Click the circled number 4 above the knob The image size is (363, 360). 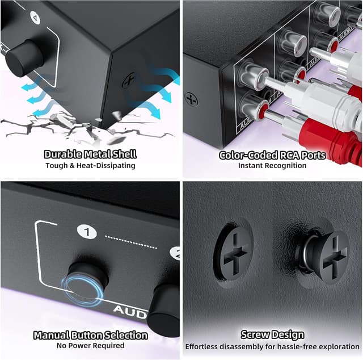coord(37,18)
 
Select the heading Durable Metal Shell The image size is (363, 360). coord(90,154)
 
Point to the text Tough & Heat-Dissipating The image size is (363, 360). coord(90,166)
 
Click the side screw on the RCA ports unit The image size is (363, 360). coord(192,99)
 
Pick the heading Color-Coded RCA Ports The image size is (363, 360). coord(272,154)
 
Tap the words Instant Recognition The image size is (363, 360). coord(272,166)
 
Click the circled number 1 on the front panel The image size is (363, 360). coord(86,232)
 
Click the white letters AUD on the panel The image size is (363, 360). coord(130,309)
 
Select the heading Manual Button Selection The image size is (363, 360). coord(90,335)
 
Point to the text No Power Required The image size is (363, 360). coord(90,346)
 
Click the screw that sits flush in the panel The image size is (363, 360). coord(233,252)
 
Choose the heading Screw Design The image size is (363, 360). coord(272,334)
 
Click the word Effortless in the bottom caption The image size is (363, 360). coord(203,346)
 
